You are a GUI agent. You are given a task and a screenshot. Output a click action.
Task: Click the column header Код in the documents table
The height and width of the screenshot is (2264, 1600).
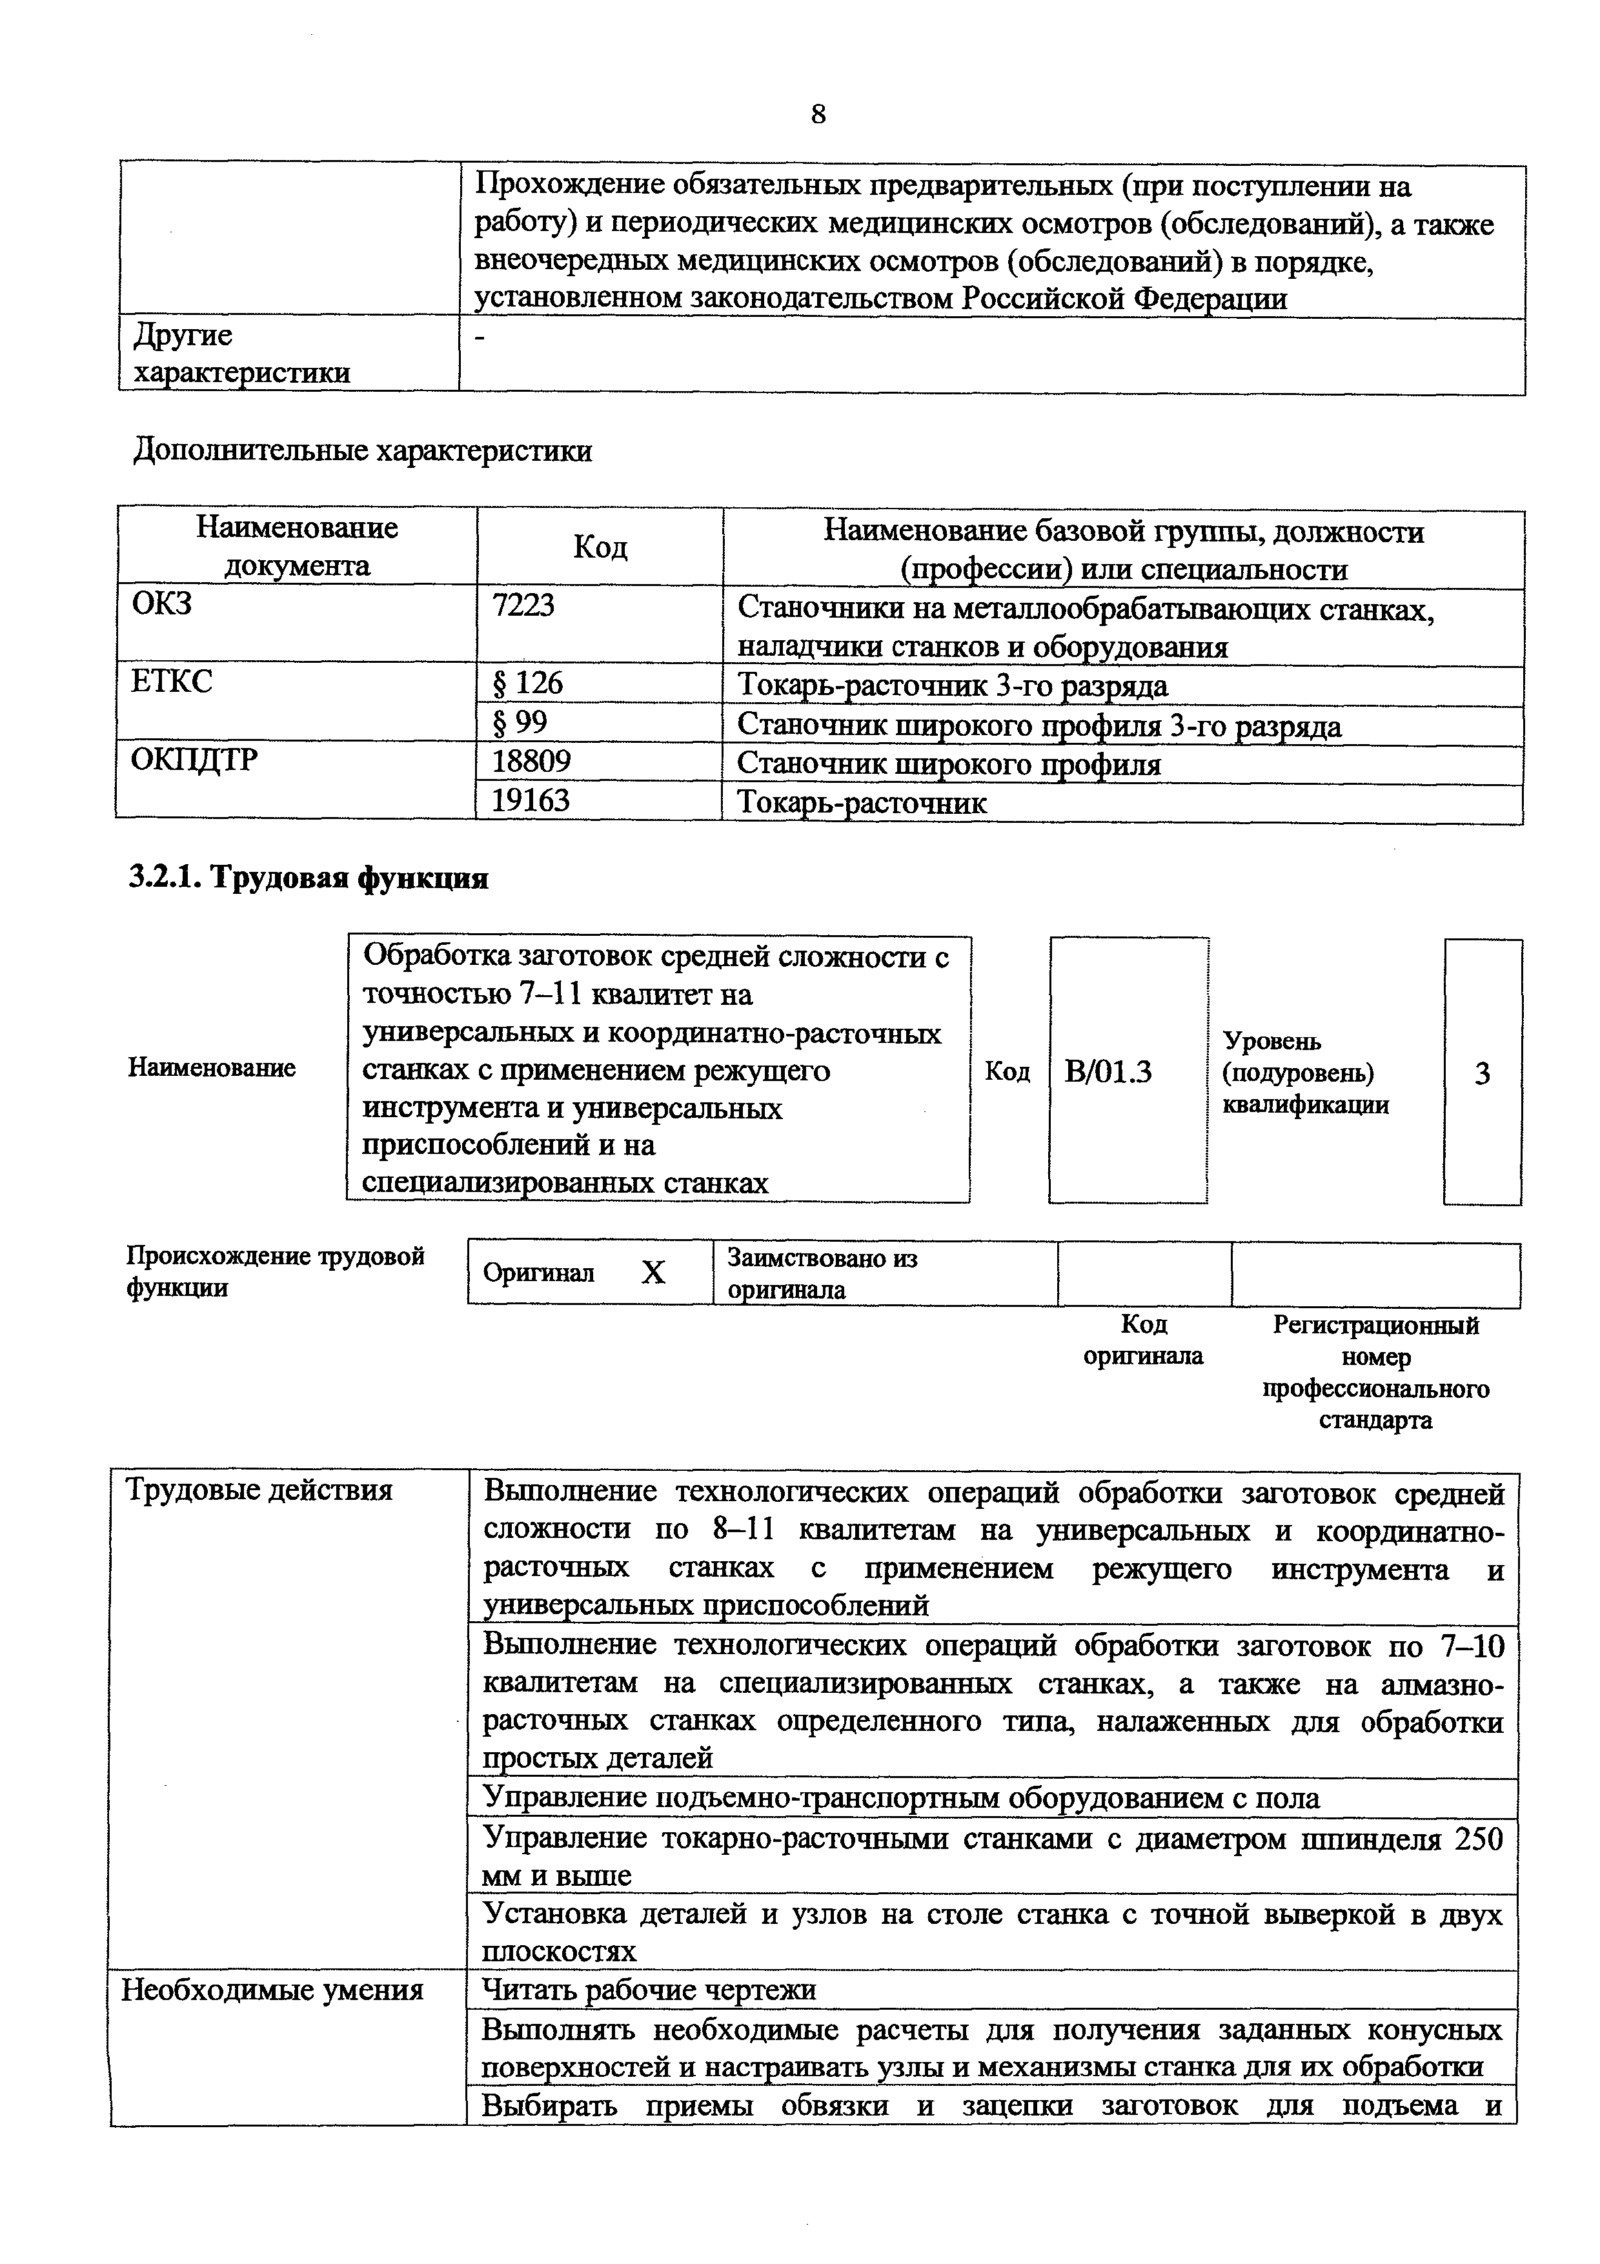[x=600, y=547]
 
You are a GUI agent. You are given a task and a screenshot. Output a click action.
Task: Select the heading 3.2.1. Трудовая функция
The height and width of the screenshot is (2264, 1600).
[x=309, y=878]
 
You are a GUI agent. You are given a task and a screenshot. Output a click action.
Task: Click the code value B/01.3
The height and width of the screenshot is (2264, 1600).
[x=1108, y=1072]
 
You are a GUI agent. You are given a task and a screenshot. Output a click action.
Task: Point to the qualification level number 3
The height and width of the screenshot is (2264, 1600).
[x=1482, y=1074]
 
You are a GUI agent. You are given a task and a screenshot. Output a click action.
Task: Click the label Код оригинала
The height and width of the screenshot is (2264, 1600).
[x=1144, y=1339]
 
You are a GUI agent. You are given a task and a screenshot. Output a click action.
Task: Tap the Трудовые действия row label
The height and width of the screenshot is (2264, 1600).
[x=259, y=1490]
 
